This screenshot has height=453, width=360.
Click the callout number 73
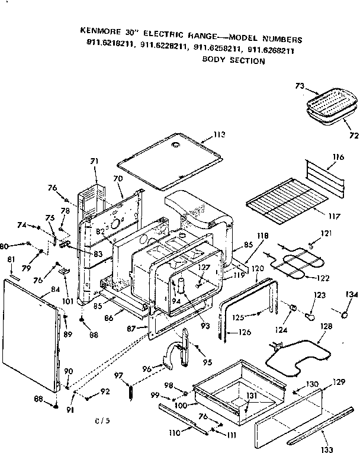pos(300,86)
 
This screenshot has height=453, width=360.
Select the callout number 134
pos(352,295)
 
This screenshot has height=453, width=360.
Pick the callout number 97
pos(118,375)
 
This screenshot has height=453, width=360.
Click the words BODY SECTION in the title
pos(233,60)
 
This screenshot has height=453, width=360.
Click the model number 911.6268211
pos(272,51)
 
